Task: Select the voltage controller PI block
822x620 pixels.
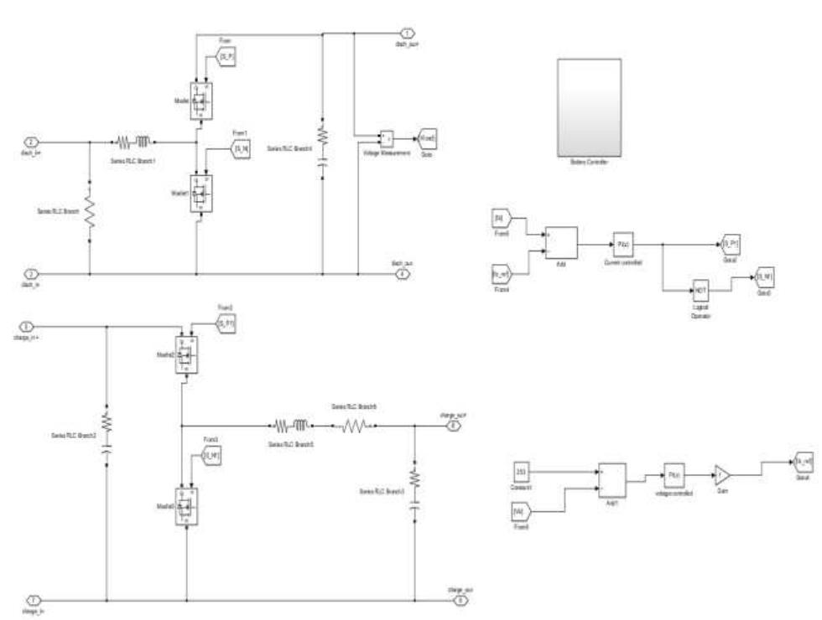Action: (675, 474)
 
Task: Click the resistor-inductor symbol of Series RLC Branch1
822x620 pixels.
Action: (131, 142)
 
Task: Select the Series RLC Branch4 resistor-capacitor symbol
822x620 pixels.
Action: (323, 147)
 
